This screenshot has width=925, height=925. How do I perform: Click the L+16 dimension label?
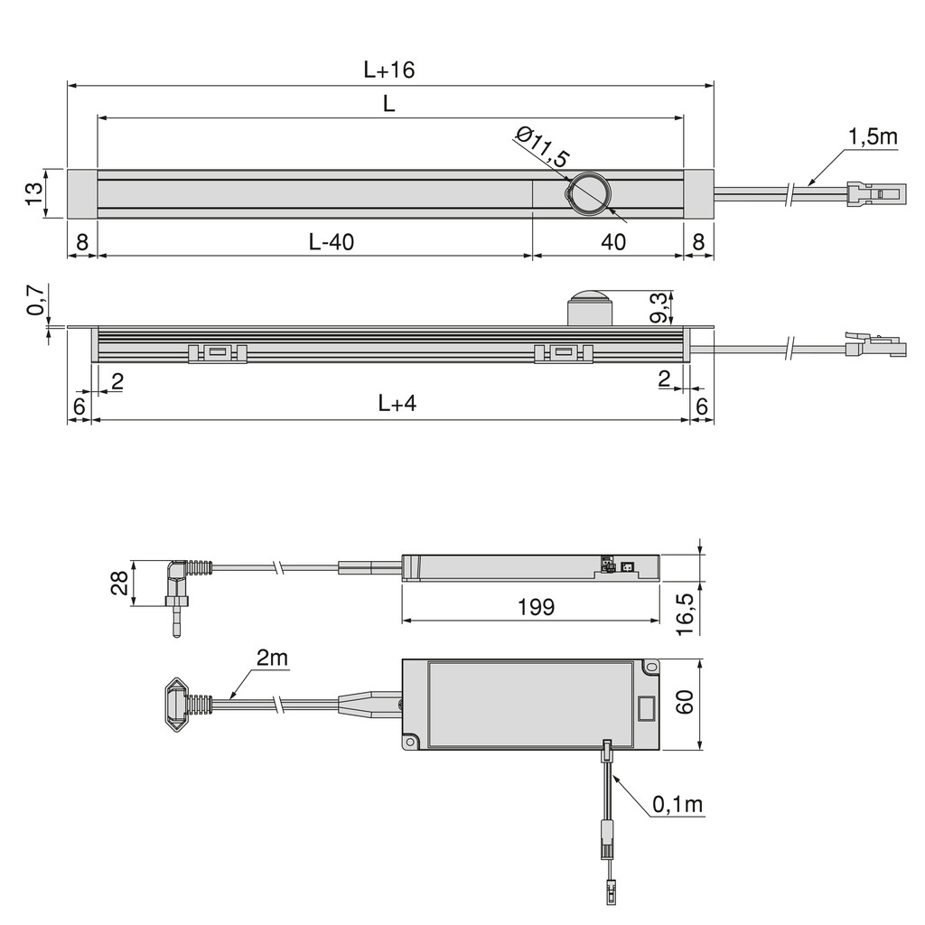388,70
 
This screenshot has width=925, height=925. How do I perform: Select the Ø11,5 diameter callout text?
542,146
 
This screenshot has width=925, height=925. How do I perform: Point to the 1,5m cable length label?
873,136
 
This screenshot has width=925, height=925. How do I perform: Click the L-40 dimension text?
332,241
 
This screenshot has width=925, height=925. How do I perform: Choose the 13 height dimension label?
34,193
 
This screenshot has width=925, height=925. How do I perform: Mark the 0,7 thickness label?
35,299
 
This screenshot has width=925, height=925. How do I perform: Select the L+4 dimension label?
397,404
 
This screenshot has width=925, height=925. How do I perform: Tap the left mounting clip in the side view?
217,353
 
